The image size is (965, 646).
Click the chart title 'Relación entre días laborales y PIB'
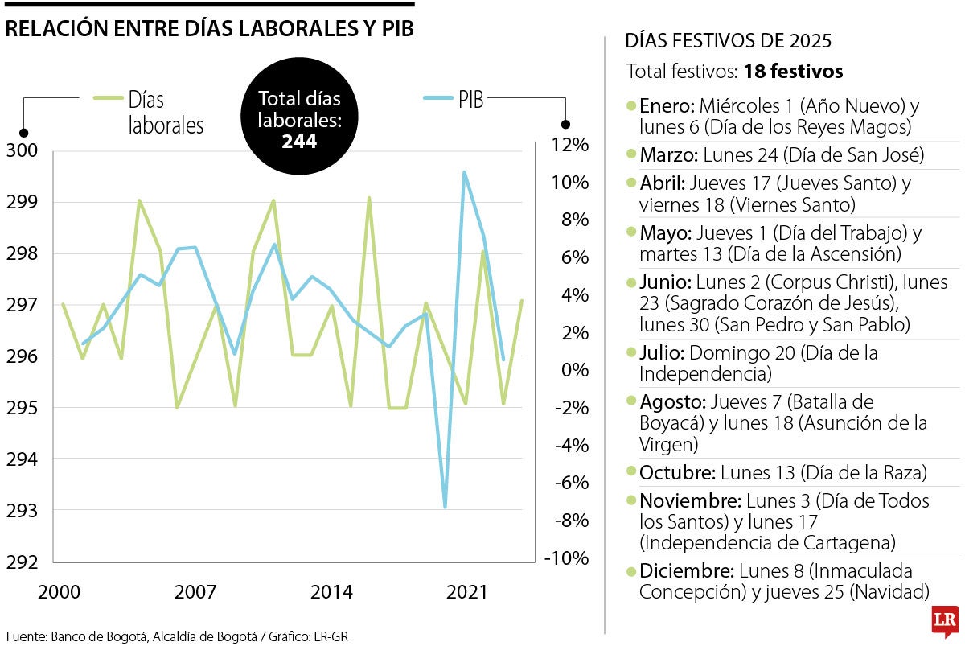click(x=209, y=28)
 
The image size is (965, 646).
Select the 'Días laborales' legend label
click(x=165, y=113)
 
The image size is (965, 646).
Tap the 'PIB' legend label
click(x=471, y=101)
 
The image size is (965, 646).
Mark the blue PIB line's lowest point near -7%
click(x=445, y=507)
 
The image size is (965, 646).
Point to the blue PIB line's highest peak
click(x=464, y=172)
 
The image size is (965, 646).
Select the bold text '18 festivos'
click(x=793, y=72)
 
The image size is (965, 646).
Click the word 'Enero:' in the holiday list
click(x=667, y=106)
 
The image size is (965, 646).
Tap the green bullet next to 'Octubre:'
click(x=631, y=472)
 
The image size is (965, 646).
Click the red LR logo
click(x=945, y=622)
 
